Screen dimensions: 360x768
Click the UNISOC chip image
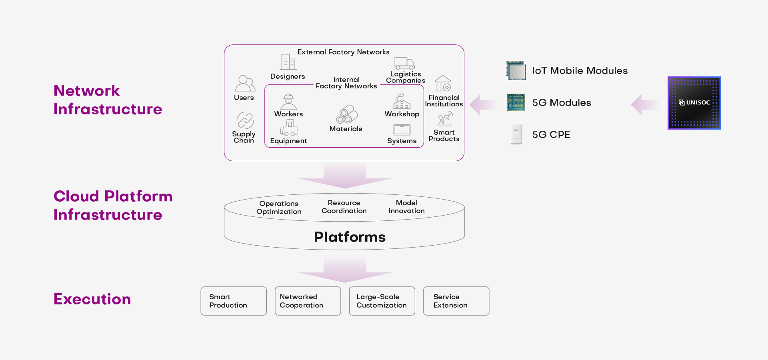point(694,103)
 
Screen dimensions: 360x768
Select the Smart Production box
point(234,301)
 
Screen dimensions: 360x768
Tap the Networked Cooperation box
point(308,301)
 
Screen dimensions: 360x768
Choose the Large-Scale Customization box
point(382,301)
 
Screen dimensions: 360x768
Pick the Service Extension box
point(456,301)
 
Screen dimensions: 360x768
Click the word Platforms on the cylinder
point(350,237)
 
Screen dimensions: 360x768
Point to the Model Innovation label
point(406,207)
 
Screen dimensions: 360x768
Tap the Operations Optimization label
point(279,208)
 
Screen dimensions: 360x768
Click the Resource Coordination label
point(344,207)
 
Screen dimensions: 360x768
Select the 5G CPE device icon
point(516,134)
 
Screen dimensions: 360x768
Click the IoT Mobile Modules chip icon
point(516,70)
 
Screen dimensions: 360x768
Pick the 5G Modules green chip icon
point(516,102)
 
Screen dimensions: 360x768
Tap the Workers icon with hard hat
point(288,102)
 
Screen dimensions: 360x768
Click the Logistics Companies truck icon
point(404,63)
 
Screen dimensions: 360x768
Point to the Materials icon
point(346,114)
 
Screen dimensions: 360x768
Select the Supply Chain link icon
point(245,120)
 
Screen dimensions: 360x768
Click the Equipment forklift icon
point(288,128)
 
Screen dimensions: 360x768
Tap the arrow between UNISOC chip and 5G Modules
point(644,105)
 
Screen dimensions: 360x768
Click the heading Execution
point(92,299)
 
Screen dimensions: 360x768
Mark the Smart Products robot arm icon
point(444,119)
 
